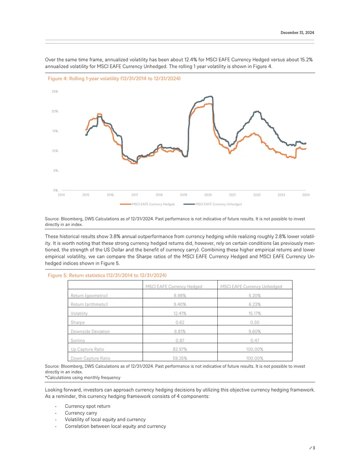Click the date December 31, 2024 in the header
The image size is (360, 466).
pyautogui.click(x=297, y=33)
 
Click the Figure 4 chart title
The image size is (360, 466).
pyautogui.click(x=114, y=78)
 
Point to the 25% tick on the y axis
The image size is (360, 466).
pyautogui.click(x=55, y=91)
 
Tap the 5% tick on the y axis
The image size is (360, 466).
pyautogui.click(x=55, y=171)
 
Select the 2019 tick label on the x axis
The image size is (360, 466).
pyautogui.click(x=184, y=195)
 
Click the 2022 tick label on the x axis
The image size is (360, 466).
pyautogui.click(x=257, y=195)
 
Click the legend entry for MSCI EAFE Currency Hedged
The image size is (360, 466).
pyautogui.click(x=147, y=204)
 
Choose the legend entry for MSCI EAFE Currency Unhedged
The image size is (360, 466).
pyautogui.click(x=213, y=204)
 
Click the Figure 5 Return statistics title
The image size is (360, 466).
pyautogui.click(x=107, y=276)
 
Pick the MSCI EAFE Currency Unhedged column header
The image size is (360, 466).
pyautogui.click(x=251, y=286)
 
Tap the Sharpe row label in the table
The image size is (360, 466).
pyautogui.click(x=77, y=322)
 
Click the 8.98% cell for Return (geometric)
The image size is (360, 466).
pyautogui.click(x=180, y=296)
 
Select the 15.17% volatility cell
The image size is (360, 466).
pyautogui.click(x=255, y=313)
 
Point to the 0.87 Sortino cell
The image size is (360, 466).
pyautogui.click(x=180, y=340)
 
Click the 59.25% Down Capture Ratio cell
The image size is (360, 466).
pyautogui.click(x=180, y=358)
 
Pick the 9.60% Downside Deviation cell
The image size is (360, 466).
pyautogui.click(x=255, y=331)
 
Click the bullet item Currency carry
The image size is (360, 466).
pyautogui.click(x=81, y=413)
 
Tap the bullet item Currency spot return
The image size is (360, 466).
pyautogui.click(x=88, y=406)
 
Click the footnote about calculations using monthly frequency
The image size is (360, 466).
pyautogui.click(x=82, y=378)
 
